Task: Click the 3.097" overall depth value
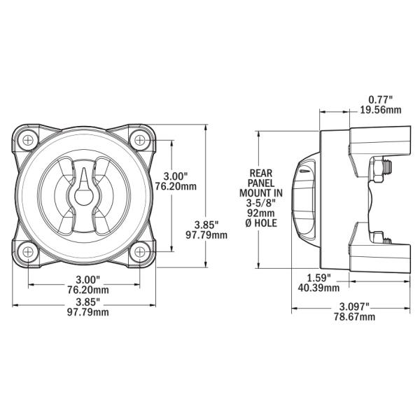(x=353, y=307)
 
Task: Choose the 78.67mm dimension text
(x=353, y=317)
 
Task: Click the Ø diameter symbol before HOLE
(x=250, y=223)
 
